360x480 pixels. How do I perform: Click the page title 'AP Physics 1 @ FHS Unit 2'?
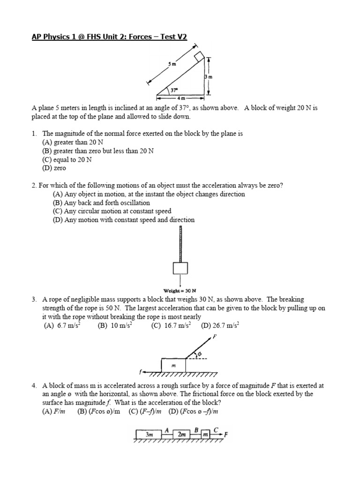(109, 37)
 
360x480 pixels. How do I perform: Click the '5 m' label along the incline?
(172, 64)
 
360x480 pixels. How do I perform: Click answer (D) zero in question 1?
(54, 168)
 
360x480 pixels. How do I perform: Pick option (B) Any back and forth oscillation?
(101, 202)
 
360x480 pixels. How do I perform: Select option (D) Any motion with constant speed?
(124, 219)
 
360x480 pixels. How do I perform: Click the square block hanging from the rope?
(180, 269)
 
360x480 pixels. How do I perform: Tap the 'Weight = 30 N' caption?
(180, 290)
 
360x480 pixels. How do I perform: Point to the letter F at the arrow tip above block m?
(214, 337)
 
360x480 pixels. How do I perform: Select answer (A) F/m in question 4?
(52, 412)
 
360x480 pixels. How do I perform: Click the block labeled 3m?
(149, 435)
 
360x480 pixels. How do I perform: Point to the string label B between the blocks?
(197, 428)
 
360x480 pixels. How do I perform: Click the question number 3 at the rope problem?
(34, 299)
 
